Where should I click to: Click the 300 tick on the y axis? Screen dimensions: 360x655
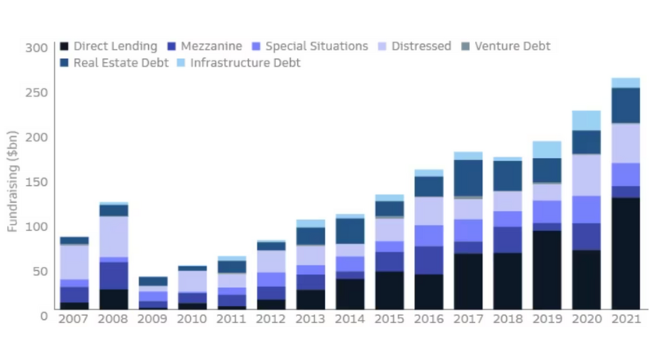(x=37, y=48)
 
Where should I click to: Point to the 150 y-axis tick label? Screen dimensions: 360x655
(x=37, y=182)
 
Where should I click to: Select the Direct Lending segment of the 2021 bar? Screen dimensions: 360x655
(x=626, y=254)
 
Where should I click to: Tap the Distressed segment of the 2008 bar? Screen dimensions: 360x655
(x=114, y=236)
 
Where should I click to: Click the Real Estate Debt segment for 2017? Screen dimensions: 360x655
(x=468, y=178)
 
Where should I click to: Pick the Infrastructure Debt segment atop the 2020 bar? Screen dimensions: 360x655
(x=586, y=121)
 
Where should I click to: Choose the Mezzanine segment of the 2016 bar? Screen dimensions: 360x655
(x=429, y=260)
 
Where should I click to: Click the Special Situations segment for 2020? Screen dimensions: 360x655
(x=586, y=209)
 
